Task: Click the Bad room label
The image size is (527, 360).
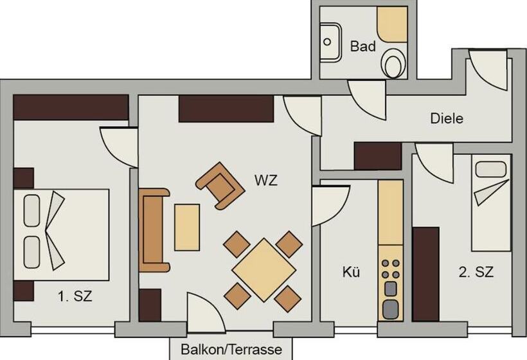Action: (362, 46)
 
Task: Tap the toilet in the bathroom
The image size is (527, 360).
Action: (393, 63)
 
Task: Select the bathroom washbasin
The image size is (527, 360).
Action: (330, 42)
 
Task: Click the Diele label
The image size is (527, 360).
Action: (447, 118)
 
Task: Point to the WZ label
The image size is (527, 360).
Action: (266, 181)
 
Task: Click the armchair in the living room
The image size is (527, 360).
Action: (220, 186)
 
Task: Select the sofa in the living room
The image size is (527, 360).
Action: (154, 230)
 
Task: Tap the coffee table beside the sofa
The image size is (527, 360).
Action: (187, 227)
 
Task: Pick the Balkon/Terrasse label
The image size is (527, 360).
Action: (231, 350)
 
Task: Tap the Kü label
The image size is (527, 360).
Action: (351, 271)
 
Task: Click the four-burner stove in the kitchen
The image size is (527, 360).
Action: (391, 269)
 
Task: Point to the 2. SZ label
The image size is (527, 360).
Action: (476, 271)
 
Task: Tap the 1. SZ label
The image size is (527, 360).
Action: (75, 296)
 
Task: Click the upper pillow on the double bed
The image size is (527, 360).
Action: (32, 210)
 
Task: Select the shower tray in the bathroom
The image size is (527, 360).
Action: (392, 24)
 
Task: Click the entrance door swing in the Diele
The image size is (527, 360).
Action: (487, 71)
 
